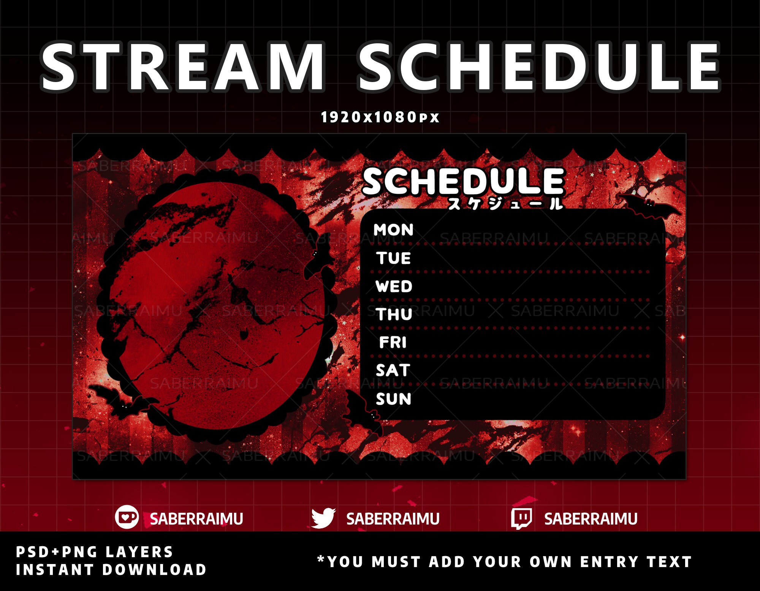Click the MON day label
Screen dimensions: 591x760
tap(393, 230)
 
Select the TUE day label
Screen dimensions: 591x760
tap(394, 258)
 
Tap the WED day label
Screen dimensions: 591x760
tap(394, 286)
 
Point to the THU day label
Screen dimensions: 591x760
tap(394, 314)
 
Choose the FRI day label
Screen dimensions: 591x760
tap(393, 343)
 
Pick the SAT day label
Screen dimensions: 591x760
tap(393, 370)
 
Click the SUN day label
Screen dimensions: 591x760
tap(393, 399)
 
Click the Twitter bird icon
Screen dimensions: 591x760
tap(323, 518)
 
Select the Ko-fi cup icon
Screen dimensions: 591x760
tap(127, 517)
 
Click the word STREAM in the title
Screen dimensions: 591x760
tap(182, 68)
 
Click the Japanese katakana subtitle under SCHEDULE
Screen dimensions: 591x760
tap(505, 204)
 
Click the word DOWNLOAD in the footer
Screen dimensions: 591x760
tap(154, 570)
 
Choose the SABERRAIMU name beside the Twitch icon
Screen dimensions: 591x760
tap(591, 519)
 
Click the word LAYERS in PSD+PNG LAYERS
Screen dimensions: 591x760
tap(139, 552)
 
